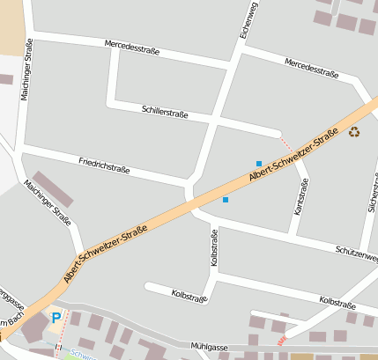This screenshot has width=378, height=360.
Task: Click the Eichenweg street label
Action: point(248,20)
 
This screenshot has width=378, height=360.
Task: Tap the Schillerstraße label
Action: point(165,111)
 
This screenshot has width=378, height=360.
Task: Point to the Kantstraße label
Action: point(301,196)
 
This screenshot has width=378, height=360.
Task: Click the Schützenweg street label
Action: point(356,252)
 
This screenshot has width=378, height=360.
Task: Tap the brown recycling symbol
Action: point(354,132)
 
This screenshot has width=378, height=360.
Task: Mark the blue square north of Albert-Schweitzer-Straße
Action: point(258,163)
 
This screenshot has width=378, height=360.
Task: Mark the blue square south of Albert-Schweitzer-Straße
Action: point(226,200)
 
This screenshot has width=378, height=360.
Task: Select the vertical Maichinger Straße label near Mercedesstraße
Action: point(26,68)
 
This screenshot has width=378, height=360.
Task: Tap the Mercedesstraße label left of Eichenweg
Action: point(131,47)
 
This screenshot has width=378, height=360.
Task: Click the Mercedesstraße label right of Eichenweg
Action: point(312,68)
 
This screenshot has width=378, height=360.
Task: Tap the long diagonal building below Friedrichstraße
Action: point(53,189)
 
